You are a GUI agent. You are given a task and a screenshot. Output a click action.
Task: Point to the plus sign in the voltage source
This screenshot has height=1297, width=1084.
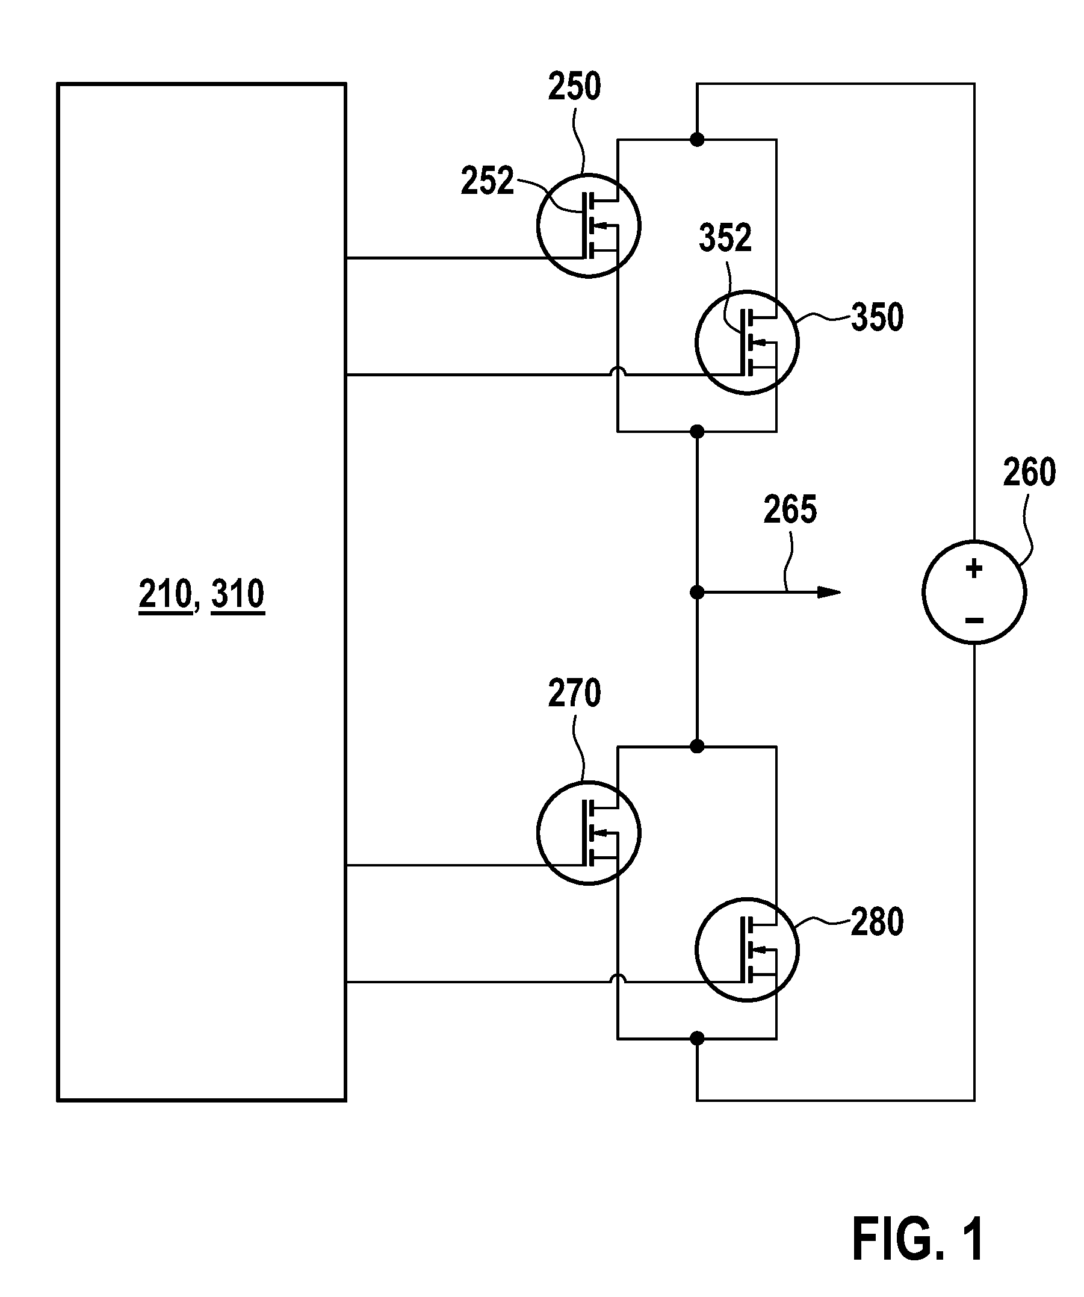point(974,568)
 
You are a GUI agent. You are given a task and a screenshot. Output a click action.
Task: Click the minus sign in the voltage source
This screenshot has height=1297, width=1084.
point(974,620)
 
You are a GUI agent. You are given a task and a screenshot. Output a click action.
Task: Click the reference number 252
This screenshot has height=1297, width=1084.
point(488,181)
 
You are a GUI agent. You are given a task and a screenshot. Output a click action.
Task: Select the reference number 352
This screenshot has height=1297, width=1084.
point(725,238)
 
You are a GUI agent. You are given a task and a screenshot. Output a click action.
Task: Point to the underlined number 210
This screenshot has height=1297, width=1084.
point(166,594)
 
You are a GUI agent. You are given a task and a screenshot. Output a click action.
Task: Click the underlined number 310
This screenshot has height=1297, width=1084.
point(238,594)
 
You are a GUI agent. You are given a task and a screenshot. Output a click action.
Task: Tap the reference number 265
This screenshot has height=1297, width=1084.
point(790,510)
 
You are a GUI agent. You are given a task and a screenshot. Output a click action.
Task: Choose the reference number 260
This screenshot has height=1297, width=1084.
point(1029,473)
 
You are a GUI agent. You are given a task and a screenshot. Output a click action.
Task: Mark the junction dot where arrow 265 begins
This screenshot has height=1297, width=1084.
point(697,593)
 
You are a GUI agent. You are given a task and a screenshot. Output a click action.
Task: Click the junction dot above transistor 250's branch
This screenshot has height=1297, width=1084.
point(697,140)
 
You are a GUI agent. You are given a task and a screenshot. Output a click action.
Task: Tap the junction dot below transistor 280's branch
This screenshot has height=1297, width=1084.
point(697,1038)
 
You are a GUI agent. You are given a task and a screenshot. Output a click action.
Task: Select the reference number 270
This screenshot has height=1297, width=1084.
point(574,693)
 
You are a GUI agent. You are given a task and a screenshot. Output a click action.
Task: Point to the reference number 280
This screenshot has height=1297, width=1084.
point(877,922)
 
